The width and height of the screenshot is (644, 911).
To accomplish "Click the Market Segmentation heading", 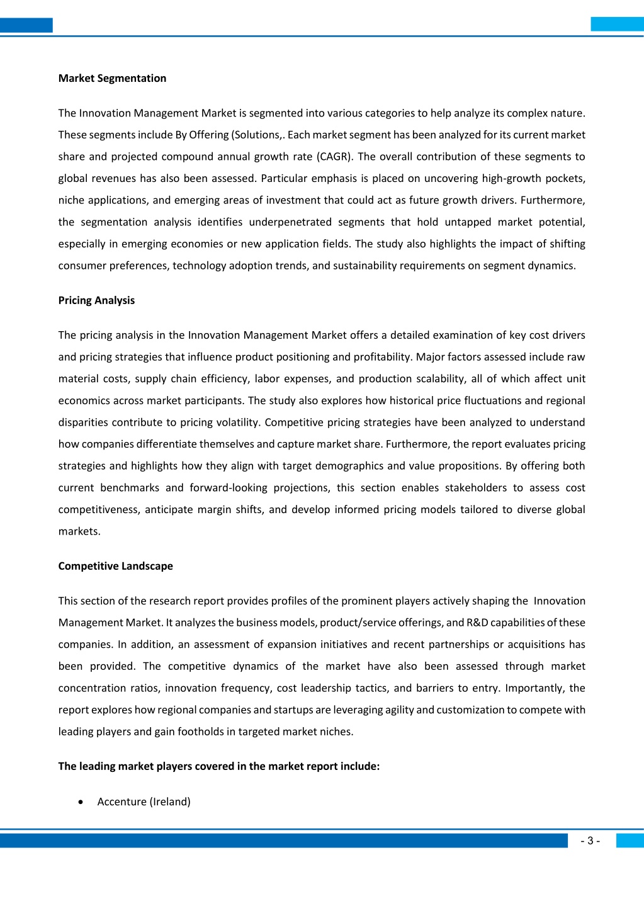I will [112, 78].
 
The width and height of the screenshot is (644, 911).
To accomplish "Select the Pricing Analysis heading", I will [96, 300].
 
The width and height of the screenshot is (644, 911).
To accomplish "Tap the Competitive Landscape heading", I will [115, 566].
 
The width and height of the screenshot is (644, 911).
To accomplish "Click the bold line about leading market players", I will [219, 766].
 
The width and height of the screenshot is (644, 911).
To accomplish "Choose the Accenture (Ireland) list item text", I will [144, 801].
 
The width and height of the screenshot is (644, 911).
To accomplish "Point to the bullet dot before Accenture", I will [81, 802].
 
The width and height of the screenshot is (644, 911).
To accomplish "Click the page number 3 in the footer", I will [590, 841].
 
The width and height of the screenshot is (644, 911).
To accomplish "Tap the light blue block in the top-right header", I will [617, 24].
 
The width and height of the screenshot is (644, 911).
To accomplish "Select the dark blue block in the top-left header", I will [26, 25].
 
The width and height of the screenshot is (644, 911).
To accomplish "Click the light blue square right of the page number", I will [630, 840].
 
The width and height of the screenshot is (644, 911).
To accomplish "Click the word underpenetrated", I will [290, 222].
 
